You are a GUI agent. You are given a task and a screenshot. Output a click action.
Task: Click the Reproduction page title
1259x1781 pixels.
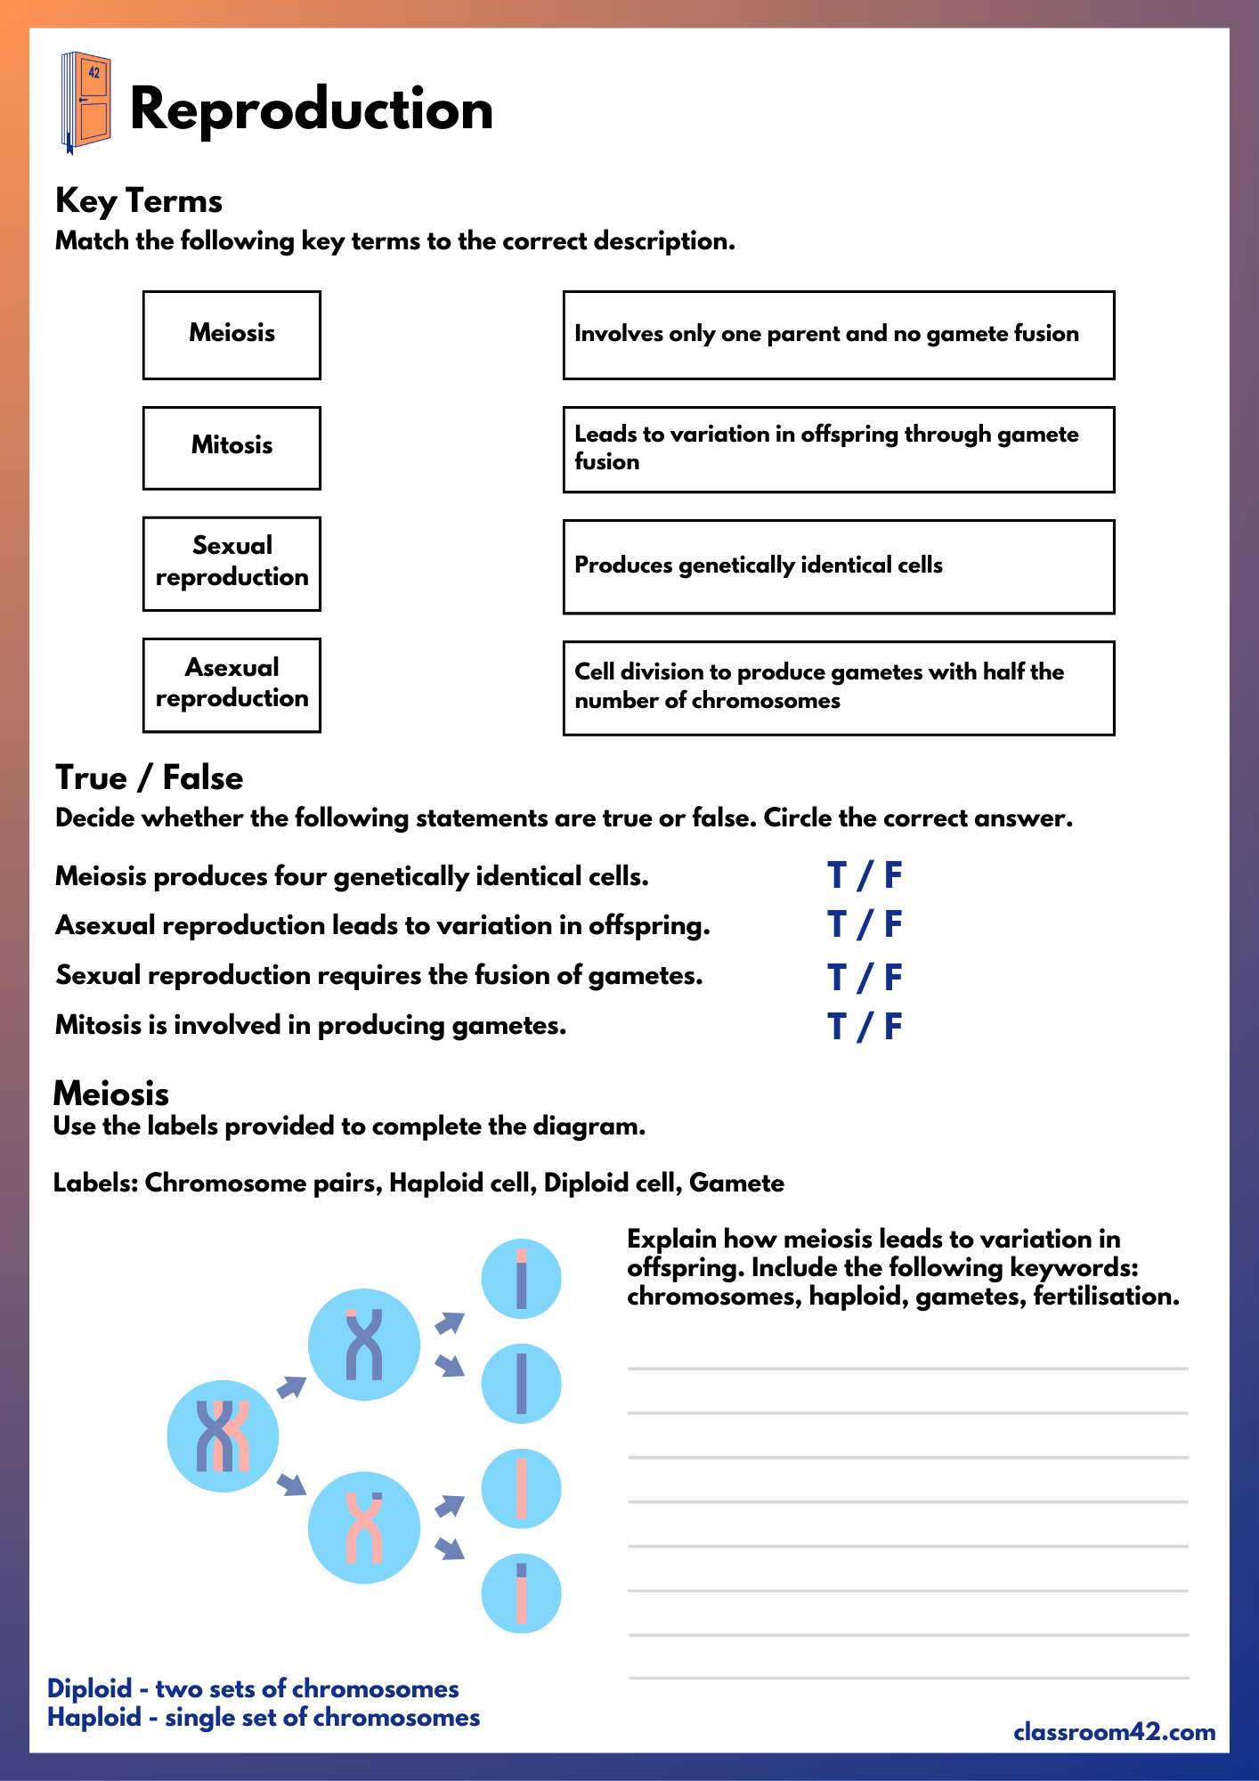[311, 110]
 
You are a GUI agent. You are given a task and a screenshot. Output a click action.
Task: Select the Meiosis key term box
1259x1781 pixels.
[231, 335]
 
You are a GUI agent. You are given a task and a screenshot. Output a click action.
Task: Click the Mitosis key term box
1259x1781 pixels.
[231, 448]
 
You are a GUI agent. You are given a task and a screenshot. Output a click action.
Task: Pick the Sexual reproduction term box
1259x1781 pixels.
[231, 563]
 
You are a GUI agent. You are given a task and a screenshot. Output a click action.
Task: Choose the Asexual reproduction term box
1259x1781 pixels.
[231, 685]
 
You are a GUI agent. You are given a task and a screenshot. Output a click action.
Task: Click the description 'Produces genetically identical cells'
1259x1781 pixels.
[838, 566]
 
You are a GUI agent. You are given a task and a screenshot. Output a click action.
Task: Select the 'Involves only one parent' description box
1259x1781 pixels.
[838, 335]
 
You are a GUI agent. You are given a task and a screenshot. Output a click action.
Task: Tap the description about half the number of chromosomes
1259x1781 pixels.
[838, 687]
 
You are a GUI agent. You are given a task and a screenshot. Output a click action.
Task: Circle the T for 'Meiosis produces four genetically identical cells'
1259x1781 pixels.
[836, 876]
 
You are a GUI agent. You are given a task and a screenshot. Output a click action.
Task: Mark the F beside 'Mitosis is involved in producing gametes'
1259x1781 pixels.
[893, 1027]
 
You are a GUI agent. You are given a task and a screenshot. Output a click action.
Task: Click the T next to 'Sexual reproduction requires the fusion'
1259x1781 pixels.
[836, 978]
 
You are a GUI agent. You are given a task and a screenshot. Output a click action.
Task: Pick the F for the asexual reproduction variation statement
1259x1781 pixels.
[893, 925]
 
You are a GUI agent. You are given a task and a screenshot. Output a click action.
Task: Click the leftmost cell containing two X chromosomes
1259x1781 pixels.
[223, 1435]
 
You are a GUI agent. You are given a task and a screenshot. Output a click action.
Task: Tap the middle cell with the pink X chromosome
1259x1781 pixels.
[363, 1527]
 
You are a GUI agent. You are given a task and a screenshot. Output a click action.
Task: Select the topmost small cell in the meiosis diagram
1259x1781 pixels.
[521, 1279]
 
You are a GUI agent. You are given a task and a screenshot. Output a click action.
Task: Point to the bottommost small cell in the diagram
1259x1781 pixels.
[521, 1593]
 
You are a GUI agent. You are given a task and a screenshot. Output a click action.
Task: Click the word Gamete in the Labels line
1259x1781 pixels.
[736, 1183]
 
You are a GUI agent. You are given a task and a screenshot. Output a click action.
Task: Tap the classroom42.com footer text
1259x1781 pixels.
[1114, 1732]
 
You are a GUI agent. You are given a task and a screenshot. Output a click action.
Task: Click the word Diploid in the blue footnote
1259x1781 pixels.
[89, 1688]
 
